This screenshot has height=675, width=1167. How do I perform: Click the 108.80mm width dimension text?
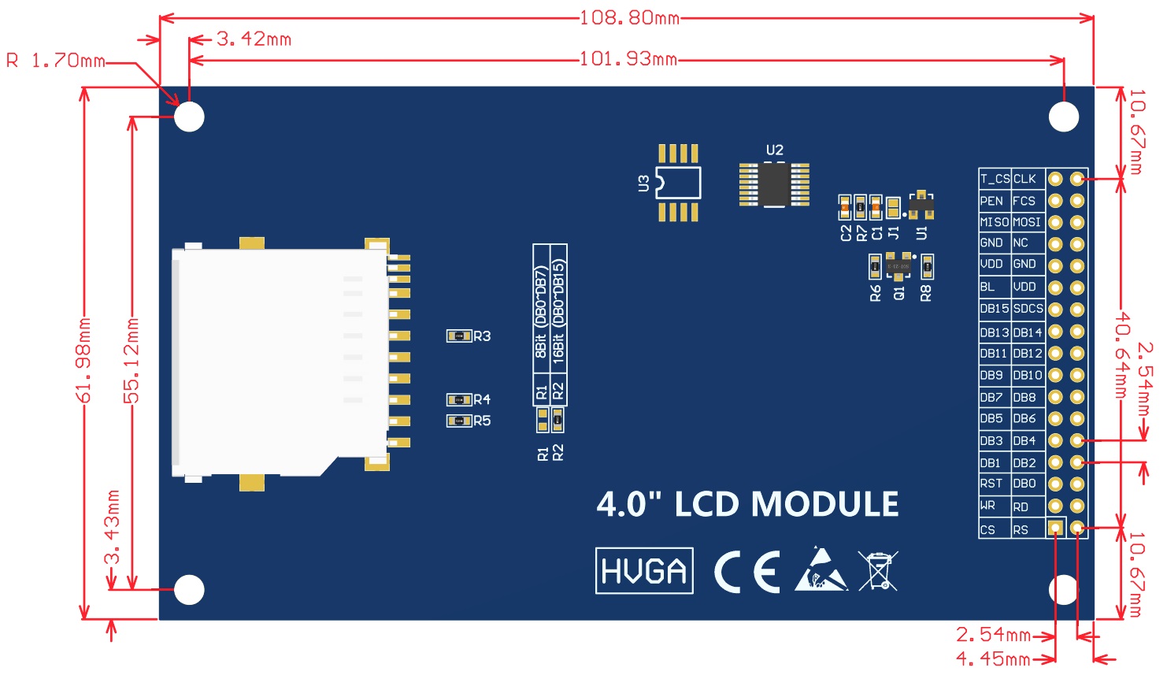coord(629,17)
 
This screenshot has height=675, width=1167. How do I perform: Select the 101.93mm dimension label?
coord(628,59)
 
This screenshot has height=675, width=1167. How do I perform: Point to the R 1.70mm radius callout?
coord(56,61)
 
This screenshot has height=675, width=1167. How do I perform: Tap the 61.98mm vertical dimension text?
coord(84,360)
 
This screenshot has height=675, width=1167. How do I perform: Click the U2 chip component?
coord(774,185)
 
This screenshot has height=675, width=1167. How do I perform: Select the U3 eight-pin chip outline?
coord(678,184)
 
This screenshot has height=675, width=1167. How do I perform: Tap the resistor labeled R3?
coord(458,336)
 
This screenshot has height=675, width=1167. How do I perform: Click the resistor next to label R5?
coord(458,421)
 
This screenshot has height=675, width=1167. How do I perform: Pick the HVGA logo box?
coord(644,570)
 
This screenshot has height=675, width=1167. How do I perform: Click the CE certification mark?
coord(747,572)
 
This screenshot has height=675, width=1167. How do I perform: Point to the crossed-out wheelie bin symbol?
coord(878,570)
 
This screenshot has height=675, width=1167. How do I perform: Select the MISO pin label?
coord(994,222)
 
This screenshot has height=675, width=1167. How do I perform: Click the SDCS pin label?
coord(1028,309)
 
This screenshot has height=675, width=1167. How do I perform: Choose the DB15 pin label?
coord(994,309)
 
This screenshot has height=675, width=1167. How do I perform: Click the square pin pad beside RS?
coord(1056,528)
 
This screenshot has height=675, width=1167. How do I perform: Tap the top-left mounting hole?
coord(189,117)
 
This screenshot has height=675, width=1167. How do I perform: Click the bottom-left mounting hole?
coord(189,589)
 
